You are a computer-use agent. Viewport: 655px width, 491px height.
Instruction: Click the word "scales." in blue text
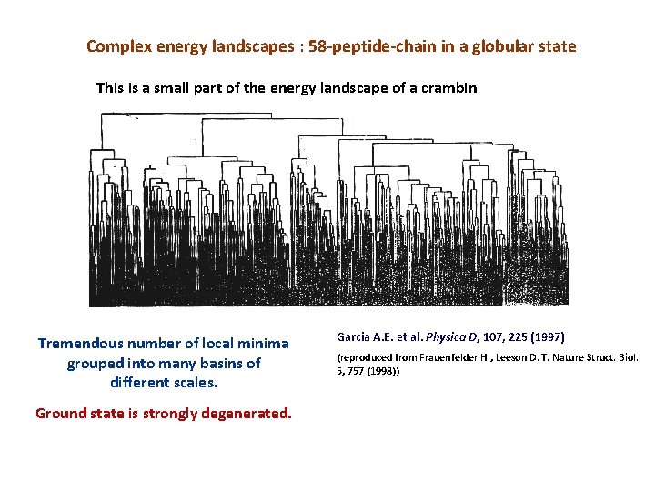pyautogui.click(x=192, y=382)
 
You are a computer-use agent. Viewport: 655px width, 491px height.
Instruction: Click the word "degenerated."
pyautogui.click(x=247, y=413)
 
